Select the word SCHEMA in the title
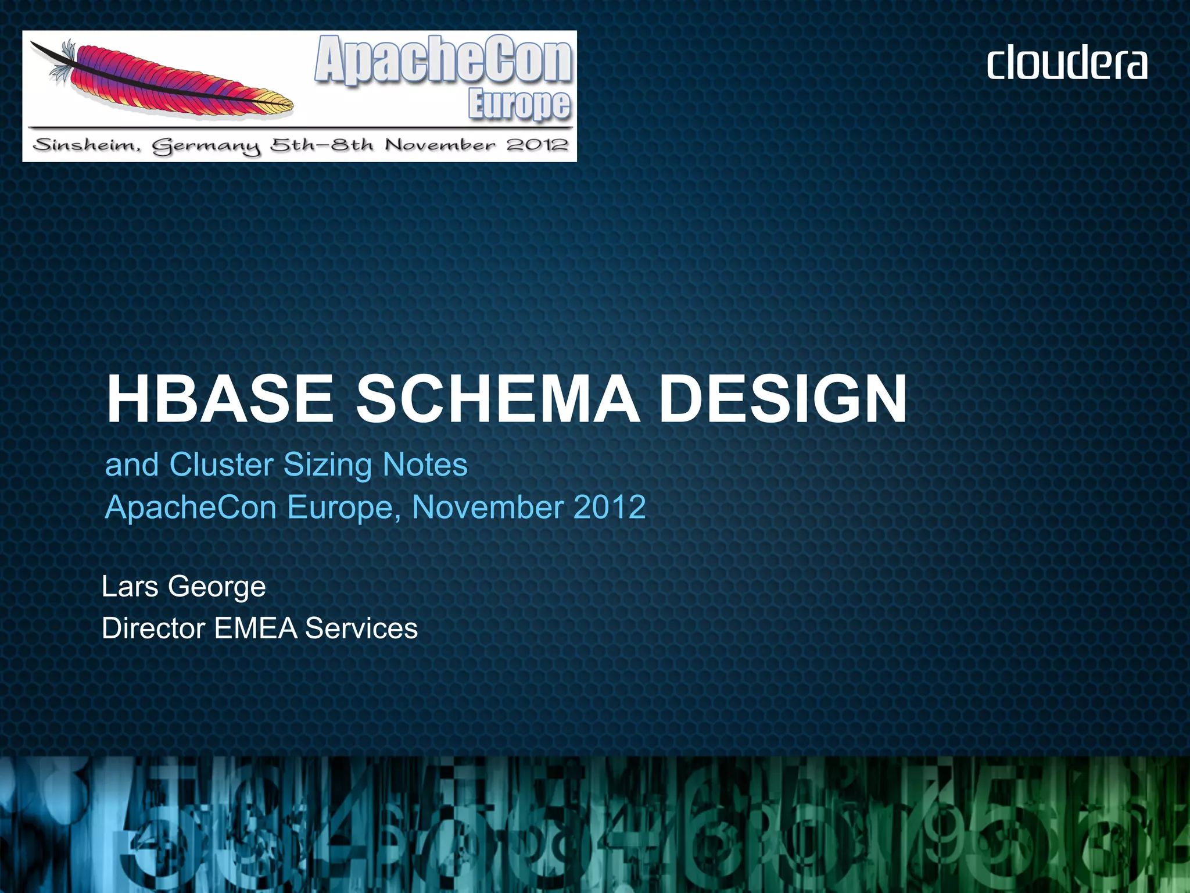(497, 399)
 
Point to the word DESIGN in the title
(783, 399)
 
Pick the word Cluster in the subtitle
(221, 465)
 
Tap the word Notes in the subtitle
(425, 465)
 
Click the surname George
(217, 587)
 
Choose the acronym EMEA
(256, 628)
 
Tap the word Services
(361, 628)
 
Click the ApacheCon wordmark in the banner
(443, 60)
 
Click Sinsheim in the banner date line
(87, 145)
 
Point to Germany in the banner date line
(207, 146)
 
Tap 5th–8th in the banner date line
(321, 145)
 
